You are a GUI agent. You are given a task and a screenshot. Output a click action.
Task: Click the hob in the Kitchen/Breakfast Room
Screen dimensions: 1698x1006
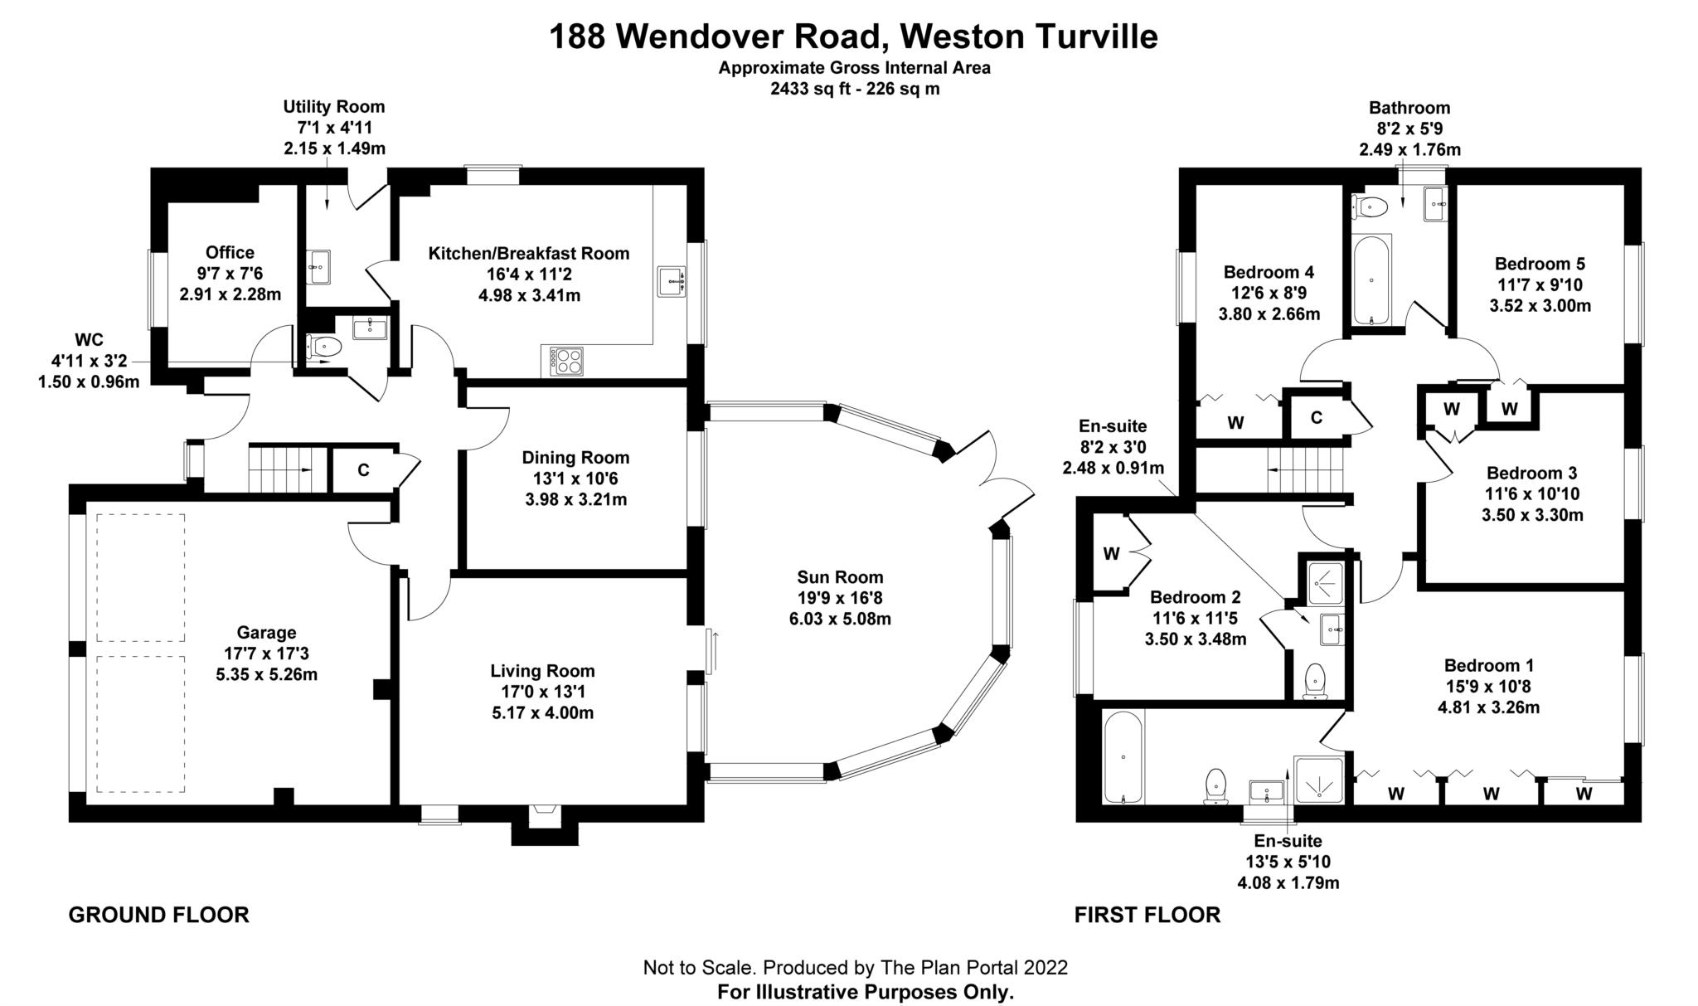tap(567, 361)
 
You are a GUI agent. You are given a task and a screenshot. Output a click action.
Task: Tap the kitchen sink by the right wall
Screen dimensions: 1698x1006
tap(671, 282)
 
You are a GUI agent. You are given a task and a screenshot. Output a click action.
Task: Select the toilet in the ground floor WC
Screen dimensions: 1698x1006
tap(323, 347)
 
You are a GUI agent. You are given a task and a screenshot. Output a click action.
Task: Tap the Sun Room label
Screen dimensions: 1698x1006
tap(840, 576)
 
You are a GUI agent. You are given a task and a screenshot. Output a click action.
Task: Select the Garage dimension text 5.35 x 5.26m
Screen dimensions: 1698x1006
tap(266, 674)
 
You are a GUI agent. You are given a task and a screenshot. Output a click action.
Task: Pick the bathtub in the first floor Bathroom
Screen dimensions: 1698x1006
tap(1372, 280)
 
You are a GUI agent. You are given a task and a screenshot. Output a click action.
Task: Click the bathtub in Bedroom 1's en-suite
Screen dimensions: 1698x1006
tap(1123, 756)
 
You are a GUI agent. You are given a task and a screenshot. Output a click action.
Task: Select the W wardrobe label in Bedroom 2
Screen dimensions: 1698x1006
tap(1112, 553)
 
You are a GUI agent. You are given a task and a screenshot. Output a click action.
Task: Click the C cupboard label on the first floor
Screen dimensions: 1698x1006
tap(1316, 418)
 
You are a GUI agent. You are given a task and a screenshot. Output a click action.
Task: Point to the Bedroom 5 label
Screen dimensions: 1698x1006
tap(1540, 264)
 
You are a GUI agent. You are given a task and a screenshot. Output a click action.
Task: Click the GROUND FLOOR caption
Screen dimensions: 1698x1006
tap(158, 915)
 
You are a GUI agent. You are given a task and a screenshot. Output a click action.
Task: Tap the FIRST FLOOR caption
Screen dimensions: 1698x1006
tap(1147, 915)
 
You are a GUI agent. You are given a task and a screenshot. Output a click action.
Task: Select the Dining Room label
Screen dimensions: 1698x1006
tap(575, 457)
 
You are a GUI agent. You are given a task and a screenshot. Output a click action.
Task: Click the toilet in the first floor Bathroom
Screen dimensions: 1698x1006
tap(1371, 205)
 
